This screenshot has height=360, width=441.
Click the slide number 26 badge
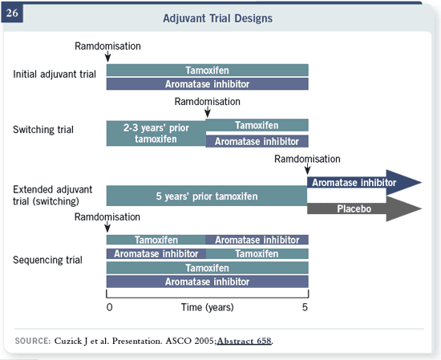tap(12, 13)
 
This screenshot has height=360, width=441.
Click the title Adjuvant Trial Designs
tap(217, 18)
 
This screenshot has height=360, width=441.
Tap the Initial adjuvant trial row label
tap(55, 75)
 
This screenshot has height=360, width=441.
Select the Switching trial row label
tap(43, 130)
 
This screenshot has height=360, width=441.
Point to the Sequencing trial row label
tap(47, 260)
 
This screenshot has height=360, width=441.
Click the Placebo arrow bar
tap(365, 208)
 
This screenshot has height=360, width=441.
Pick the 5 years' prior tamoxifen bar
tap(207, 196)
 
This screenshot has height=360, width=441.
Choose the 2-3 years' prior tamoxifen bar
tap(156, 133)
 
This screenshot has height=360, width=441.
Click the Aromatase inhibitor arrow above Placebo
tap(365, 182)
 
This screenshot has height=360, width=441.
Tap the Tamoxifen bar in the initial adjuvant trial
tap(208, 70)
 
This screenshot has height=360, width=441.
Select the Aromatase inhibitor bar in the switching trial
tap(257, 141)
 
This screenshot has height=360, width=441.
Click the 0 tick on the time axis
tap(109, 307)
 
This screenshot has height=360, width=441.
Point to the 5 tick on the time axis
tap(305, 307)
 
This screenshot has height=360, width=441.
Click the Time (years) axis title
tap(208, 307)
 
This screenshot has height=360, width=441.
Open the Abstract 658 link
tap(245, 341)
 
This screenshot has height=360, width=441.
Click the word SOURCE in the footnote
tap(33, 341)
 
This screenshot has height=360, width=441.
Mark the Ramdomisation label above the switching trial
tap(208, 102)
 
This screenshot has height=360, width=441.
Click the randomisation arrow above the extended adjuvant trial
tap(307, 169)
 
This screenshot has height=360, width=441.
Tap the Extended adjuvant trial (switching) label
tap(52, 196)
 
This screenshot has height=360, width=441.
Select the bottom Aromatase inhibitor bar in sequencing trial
tap(208, 281)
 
